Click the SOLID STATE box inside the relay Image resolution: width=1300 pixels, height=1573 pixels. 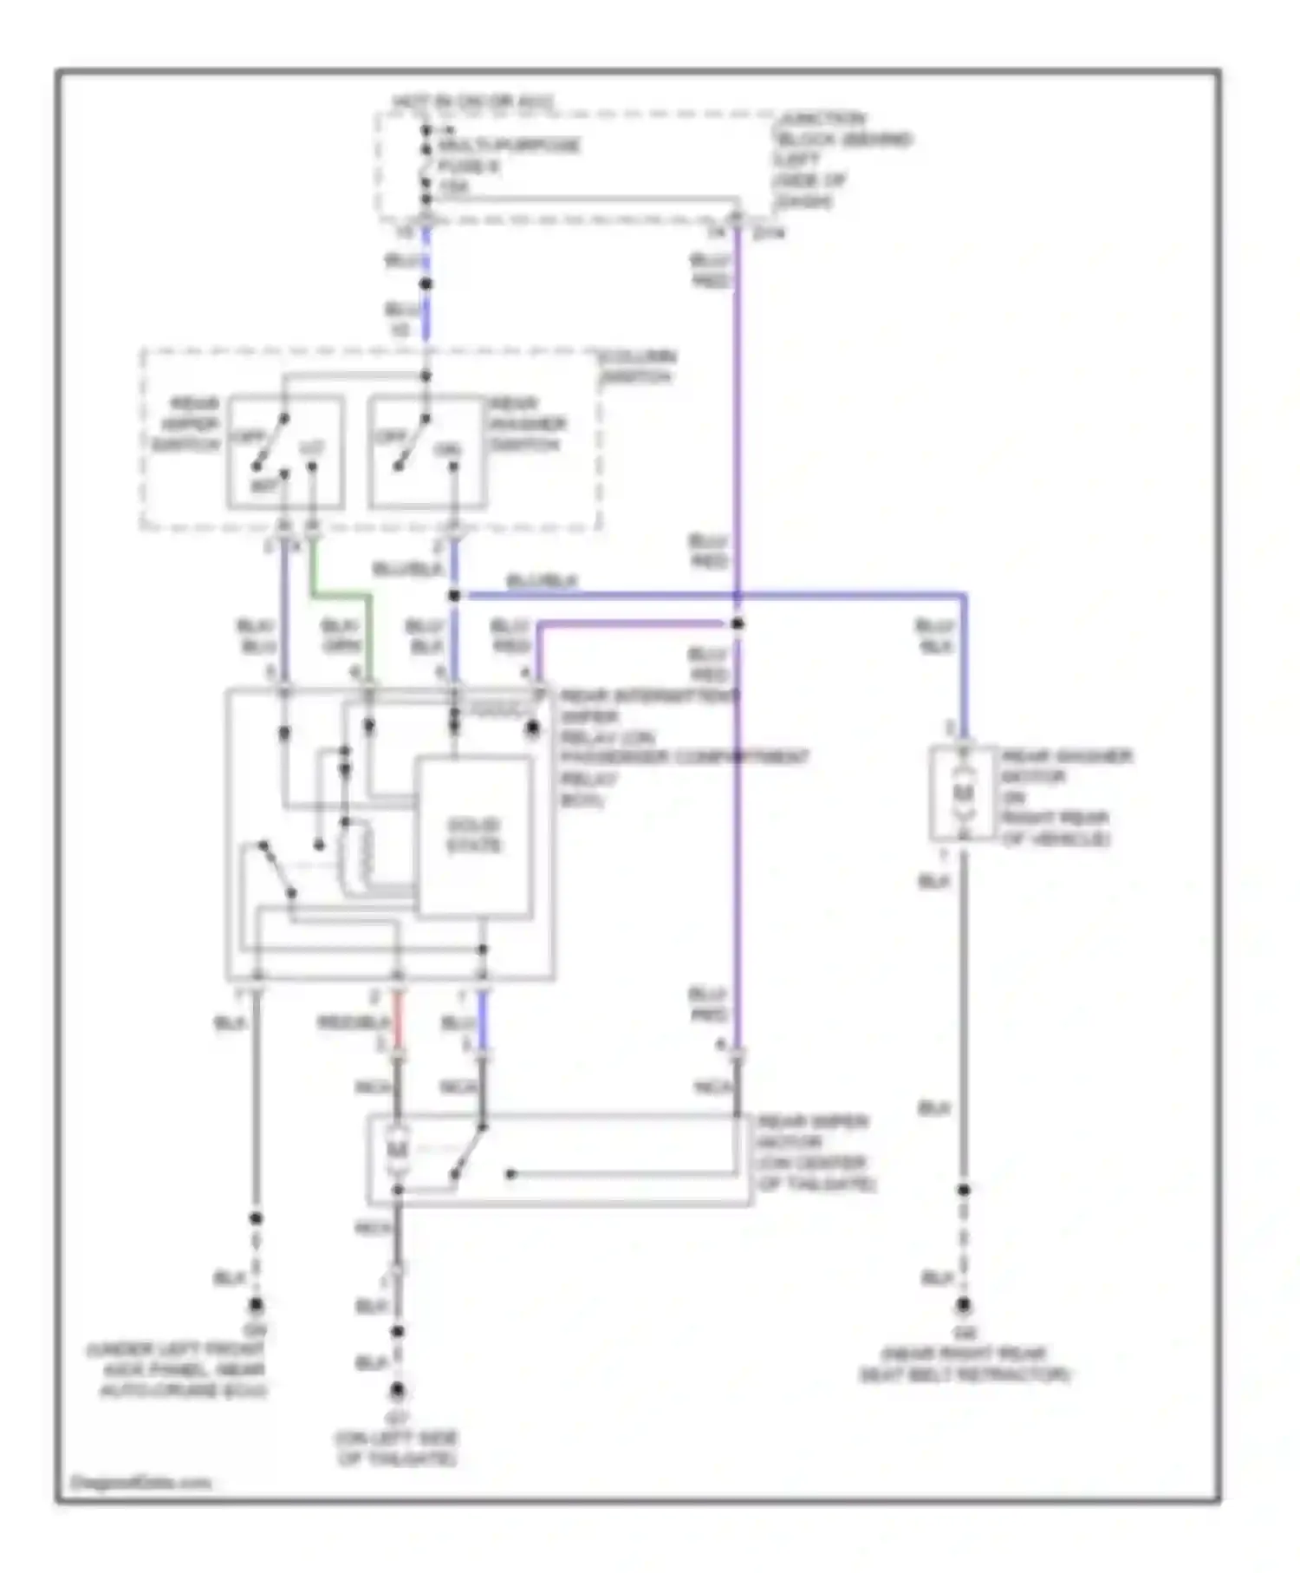coord(474,836)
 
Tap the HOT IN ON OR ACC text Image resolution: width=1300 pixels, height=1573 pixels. coord(472,102)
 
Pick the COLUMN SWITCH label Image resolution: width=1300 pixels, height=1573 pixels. coord(639,367)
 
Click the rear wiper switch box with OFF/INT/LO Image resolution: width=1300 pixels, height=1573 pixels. coord(285,452)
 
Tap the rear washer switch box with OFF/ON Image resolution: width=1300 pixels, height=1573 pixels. coord(425,452)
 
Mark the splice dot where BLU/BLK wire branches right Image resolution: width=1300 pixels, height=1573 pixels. coord(454,596)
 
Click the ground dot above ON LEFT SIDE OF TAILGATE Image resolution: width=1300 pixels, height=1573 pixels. coord(397,1390)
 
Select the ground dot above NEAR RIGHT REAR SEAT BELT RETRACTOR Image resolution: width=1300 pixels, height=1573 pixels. coord(963,1305)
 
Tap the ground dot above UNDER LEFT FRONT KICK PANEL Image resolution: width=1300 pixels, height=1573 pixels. coord(256,1304)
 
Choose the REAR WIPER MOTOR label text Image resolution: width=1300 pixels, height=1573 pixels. coord(815,1152)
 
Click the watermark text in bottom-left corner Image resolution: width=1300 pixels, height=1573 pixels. coord(140,1482)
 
